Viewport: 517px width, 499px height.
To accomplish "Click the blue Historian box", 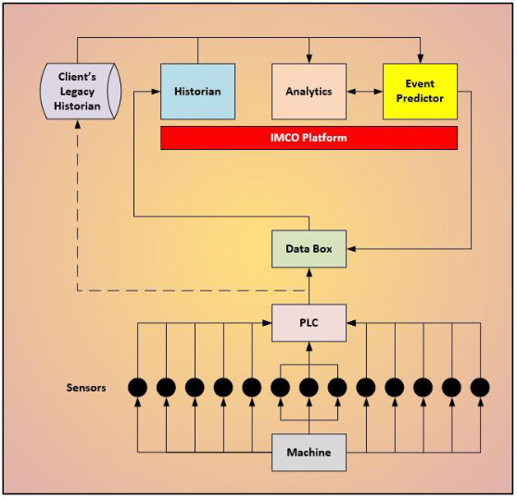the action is (198, 92).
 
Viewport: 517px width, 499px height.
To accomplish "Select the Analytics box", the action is (309, 92).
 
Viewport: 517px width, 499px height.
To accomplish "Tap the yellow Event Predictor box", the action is (420, 92).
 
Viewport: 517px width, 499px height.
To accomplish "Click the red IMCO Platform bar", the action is (309, 138).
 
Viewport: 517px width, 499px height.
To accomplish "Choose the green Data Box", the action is (309, 249).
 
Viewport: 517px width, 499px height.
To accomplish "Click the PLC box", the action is (309, 323).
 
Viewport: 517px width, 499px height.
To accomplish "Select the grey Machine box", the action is (309, 452).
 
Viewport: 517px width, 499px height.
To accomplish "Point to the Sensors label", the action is (86, 388).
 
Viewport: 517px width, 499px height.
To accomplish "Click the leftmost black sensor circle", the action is (137, 387).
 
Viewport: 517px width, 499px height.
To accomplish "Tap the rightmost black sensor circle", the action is (480, 387).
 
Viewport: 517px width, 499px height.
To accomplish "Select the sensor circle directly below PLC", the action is (309, 387).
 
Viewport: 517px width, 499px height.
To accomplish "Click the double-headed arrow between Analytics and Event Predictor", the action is (365, 92).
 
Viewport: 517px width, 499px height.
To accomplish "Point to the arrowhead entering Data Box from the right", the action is (351, 249).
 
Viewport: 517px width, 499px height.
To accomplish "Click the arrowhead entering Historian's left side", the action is (156, 92).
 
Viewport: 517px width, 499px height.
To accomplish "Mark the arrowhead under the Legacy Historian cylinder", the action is (78, 124).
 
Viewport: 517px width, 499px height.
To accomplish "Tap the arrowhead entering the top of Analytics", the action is (309, 59).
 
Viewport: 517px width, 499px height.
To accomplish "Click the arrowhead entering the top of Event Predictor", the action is (420, 59).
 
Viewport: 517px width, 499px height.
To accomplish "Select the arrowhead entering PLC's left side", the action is (267, 323).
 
